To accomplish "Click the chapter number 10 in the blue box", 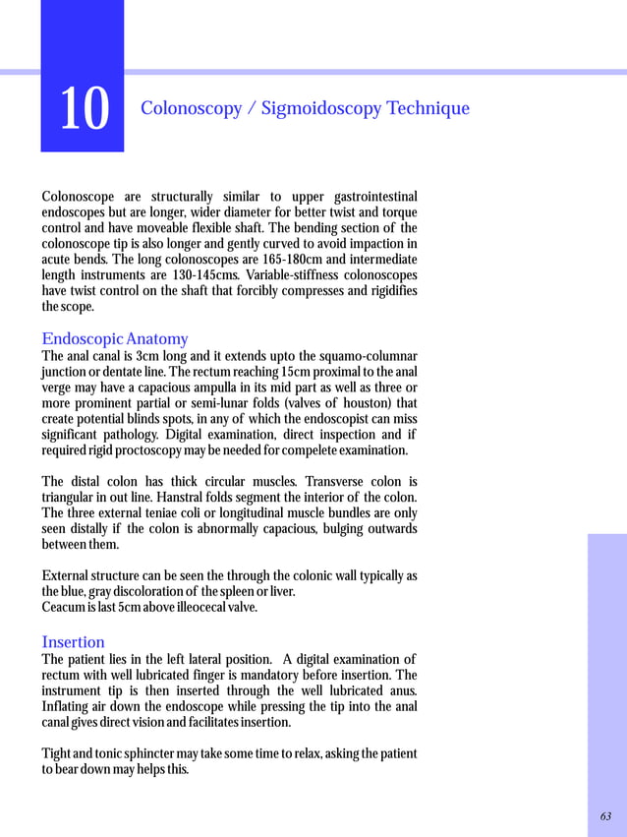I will pos(84,108).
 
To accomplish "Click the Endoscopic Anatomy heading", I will pos(115,339).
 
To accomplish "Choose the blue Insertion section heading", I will pos(73,642).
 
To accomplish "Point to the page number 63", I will pos(605,816).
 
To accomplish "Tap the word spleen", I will pos(239,592).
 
